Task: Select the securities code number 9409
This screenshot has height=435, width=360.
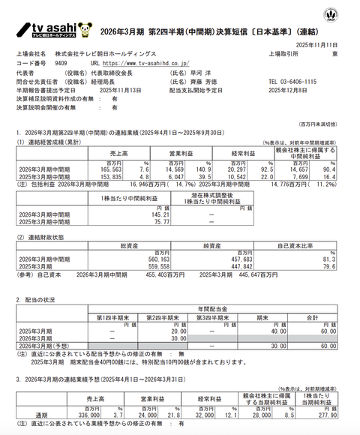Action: [x=61, y=63]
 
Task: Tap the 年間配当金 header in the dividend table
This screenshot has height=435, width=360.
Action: [x=214, y=309]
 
